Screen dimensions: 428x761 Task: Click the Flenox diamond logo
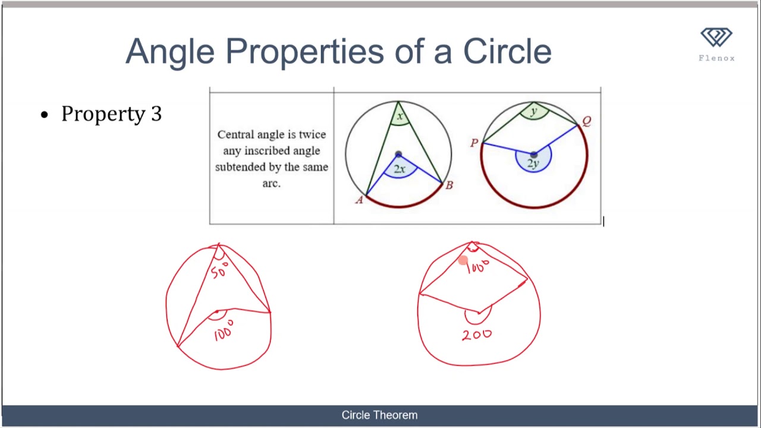716,38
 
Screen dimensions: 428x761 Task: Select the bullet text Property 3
111,114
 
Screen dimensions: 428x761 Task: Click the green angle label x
400,117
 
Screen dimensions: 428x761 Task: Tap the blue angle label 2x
400,169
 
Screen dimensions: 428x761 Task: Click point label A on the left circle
359,200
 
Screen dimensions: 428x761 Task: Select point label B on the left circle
449,185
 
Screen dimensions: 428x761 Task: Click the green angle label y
534,111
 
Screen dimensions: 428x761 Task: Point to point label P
474,143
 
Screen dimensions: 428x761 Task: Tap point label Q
587,121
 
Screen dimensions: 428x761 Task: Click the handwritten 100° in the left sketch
224,331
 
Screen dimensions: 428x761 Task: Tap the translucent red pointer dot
463,260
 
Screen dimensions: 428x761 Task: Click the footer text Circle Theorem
379,415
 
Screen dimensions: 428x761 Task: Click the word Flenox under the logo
716,58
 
